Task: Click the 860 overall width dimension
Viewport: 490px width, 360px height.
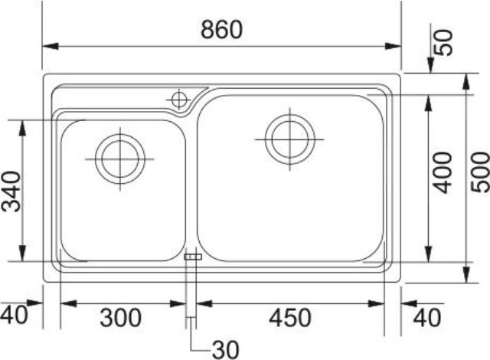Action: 221,29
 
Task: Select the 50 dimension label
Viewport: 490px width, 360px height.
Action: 444,42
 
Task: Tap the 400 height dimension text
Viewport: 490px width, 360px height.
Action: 443,173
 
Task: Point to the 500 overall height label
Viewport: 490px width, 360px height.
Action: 480,172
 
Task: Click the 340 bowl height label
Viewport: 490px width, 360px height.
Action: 11,191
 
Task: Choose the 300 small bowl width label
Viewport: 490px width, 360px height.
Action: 121,318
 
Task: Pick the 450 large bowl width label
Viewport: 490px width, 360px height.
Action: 290,318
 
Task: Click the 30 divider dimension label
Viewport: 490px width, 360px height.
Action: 225,350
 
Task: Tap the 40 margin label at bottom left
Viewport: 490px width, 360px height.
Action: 14,316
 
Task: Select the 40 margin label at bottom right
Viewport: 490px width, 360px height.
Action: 427,318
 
